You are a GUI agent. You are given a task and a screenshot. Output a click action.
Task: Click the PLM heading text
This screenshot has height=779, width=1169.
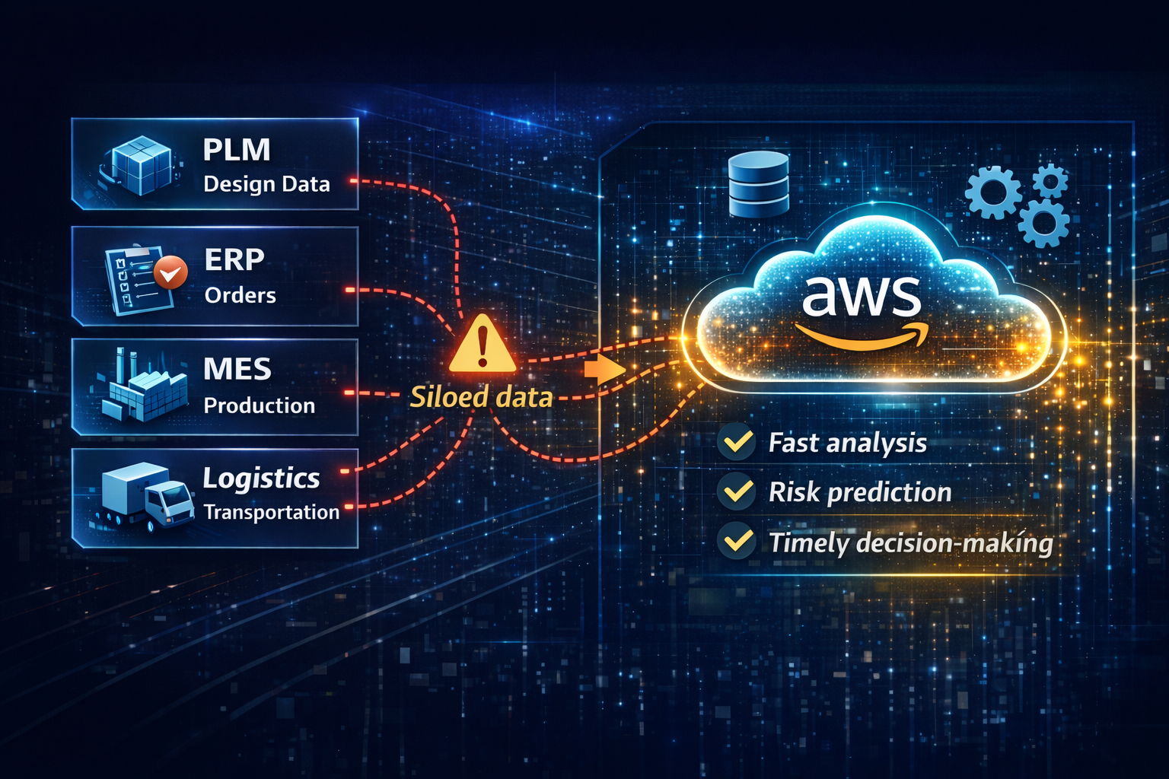pos(237,150)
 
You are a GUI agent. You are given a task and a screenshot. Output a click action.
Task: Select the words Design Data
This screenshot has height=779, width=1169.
pos(266,184)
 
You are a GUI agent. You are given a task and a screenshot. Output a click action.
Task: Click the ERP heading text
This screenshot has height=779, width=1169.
pos(234,260)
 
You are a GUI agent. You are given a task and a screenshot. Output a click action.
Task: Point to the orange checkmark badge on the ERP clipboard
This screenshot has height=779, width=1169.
pos(170,272)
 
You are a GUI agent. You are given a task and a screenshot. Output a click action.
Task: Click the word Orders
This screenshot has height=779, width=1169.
pos(240,295)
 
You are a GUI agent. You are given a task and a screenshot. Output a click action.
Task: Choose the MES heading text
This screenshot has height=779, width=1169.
pos(237,370)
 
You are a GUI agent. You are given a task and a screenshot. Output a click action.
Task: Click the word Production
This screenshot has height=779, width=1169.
pos(260,405)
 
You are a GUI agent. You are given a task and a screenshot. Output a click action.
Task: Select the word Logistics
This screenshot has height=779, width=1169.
pos(261,479)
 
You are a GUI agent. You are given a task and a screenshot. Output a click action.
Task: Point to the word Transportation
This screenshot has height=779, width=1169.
pos(272,513)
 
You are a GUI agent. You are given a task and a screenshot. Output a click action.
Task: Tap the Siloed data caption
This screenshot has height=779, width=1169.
pos(481,397)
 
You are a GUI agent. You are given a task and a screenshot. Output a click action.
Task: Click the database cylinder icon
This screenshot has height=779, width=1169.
pos(758,185)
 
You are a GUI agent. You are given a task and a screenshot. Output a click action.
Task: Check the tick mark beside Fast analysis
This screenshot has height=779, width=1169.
pos(737,443)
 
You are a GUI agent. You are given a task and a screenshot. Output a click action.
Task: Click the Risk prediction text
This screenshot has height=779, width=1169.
pos(860,492)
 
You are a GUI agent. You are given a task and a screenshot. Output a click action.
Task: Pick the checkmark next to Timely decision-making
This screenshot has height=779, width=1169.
pos(737,542)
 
